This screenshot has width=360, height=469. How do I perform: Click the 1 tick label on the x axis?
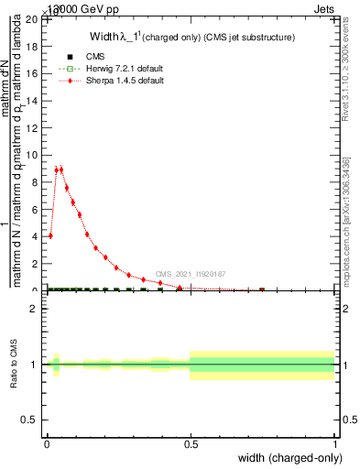pos(335,445)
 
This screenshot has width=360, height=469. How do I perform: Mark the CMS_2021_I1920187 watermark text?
pos(191,273)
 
